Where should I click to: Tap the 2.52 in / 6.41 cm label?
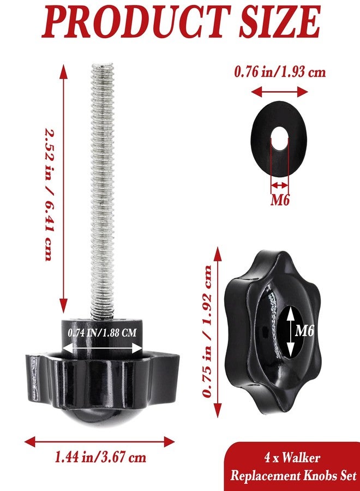pos(49,194)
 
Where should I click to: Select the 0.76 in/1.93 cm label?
pos(280,72)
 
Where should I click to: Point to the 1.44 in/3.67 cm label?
pos(100,457)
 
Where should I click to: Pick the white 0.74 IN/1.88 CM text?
pos(103,332)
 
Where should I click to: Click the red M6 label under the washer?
pos(280,200)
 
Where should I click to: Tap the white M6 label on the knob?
pos(304,330)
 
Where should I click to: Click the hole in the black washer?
pos(279,137)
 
